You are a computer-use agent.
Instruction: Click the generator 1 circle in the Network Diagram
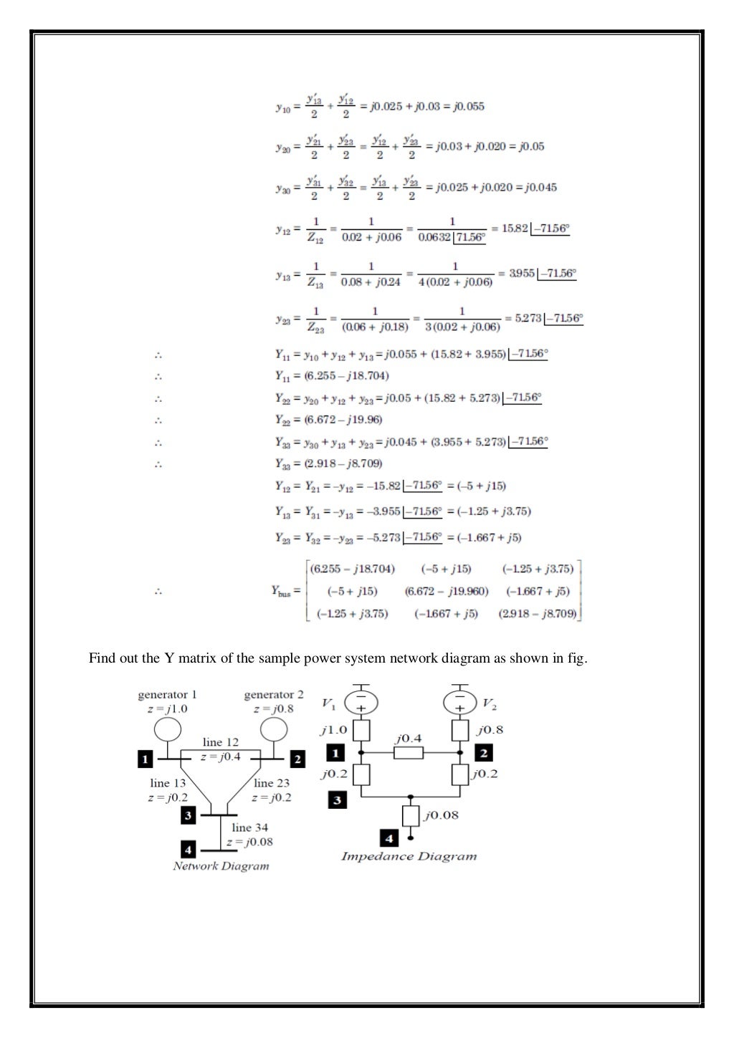tap(168, 730)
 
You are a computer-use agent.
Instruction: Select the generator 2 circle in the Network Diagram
tap(274, 730)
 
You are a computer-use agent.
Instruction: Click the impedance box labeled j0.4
tap(408, 753)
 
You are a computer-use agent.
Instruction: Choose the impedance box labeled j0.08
tap(411, 815)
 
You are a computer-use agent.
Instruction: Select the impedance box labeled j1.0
tap(361, 731)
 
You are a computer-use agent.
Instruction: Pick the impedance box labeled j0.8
tap(460, 731)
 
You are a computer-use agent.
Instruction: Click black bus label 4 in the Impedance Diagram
tap(389, 837)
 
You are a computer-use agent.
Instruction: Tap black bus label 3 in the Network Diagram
tap(188, 815)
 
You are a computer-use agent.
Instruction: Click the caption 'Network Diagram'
tap(221, 866)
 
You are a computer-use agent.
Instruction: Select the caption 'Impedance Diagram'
tap(409, 857)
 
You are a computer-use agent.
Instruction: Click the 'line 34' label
tap(249, 827)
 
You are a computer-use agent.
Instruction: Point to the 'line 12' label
tap(221, 742)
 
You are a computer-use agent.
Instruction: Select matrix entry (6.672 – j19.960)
tap(446, 592)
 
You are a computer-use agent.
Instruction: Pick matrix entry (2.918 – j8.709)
tap(538, 614)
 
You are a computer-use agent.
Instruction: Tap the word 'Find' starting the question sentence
tap(102, 658)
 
